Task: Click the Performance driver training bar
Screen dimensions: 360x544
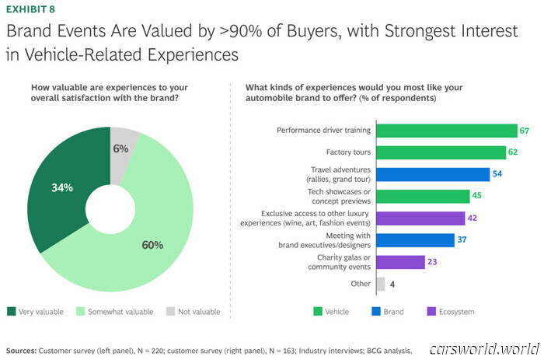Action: tap(446, 130)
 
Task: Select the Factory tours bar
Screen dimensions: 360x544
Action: tap(443, 152)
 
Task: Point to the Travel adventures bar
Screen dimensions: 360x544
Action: tap(433, 174)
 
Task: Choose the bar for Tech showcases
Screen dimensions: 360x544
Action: tap(423, 197)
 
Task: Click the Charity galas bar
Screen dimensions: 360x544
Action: tap(400, 262)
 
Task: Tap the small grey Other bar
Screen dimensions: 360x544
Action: tap(380, 284)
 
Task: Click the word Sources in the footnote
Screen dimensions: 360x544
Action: tap(22, 350)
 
